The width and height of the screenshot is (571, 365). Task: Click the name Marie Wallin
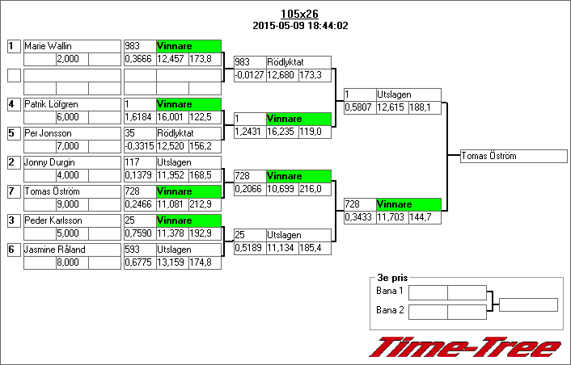pyautogui.click(x=71, y=47)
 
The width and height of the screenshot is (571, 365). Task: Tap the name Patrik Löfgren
pyautogui.click(x=71, y=105)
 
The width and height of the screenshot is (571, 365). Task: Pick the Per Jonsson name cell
pyautogui.click(x=71, y=133)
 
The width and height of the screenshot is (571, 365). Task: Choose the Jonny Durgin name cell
pyautogui.click(x=71, y=162)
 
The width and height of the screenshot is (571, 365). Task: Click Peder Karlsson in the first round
pyautogui.click(x=71, y=220)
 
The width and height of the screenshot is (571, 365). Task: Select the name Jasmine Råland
pyautogui.click(x=71, y=250)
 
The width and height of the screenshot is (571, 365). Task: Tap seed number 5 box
pyautogui.click(x=13, y=133)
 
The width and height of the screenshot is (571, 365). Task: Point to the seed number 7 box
pyautogui.click(x=13, y=191)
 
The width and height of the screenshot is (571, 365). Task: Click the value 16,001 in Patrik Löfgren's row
pyautogui.click(x=171, y=117)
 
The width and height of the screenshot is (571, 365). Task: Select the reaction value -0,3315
pyautogui.click(x=139, y=146)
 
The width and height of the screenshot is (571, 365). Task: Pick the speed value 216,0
pyautogui.click(x=315, y=188)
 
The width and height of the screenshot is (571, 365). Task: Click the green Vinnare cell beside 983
pyautogui.click(x=188, y=47)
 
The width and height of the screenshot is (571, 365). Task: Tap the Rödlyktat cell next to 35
pyautogui.click(x=188, y=133)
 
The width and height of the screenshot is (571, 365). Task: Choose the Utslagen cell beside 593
pyautogui.click(x=188, y=250)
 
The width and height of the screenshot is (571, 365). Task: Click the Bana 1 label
pyautogui.click(x=390, y=291)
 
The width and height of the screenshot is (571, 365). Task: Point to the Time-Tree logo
pyautogui.click(x=465, y=346)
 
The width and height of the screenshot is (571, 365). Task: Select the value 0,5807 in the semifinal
pyautogui.click(x=359, y=107)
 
